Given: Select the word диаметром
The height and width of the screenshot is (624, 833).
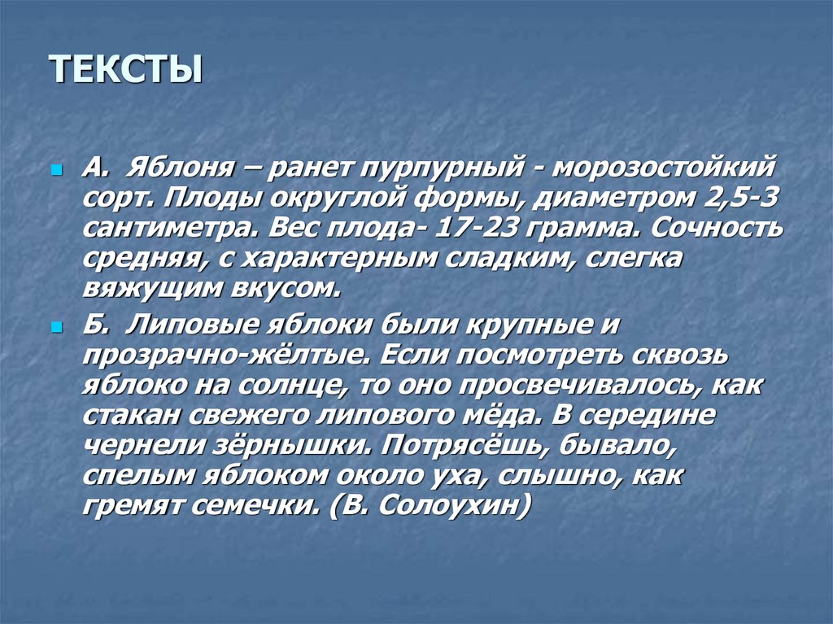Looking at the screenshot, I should coord(599,199).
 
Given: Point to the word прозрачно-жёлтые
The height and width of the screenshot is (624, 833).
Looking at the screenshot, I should coord(220,356).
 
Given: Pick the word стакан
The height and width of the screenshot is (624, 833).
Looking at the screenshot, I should coord(131,415).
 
